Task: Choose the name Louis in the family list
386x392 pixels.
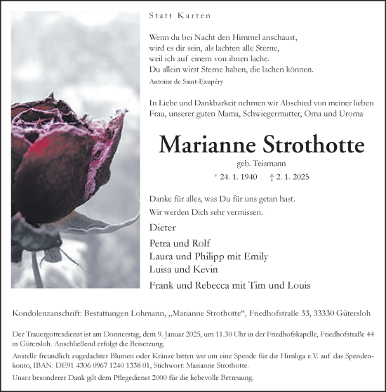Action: (x=295, y=285)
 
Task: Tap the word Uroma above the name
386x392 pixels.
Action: (x=348, y=113)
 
